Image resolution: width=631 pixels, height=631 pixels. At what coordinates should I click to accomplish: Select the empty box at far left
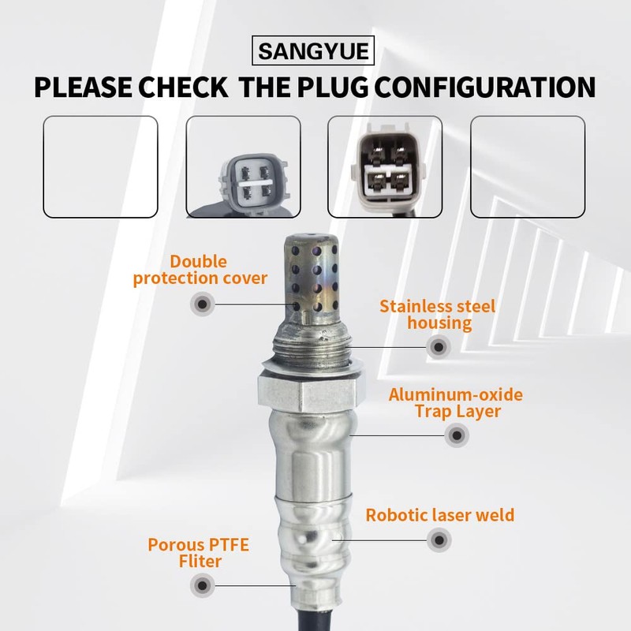click(x=100, y=166)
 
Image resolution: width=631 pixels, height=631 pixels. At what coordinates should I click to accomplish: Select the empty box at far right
click(x=528, y=166)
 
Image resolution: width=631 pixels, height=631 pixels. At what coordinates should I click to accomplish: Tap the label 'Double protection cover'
click(x=200, y=270)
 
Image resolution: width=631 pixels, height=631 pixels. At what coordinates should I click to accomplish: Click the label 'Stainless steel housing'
click(x=437, y=314)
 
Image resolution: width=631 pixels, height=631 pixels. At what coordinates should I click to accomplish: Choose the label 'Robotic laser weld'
click(x=439, y=516)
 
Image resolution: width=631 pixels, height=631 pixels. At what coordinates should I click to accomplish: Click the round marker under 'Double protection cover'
click(x=203, y=303)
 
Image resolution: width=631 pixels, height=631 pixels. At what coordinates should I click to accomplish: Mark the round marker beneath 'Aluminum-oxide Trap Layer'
click(x=456, y=435)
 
